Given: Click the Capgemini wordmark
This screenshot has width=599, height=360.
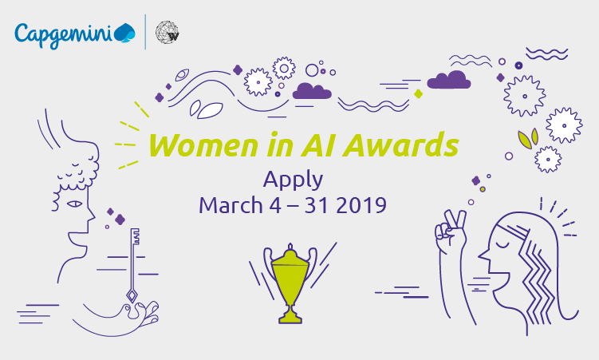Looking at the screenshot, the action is [64, 35].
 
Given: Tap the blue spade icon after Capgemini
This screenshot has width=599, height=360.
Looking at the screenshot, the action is [125, 32].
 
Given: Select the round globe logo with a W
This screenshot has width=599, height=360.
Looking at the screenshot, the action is [167, 32].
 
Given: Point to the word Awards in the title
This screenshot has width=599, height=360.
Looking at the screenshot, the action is [400, 145].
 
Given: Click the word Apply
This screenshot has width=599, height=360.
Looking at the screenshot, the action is [293, 180].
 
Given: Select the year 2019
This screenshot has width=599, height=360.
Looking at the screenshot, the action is [361, 205].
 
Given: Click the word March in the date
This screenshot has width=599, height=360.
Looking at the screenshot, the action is [231, 205].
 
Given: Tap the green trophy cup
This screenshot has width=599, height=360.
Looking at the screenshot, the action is [290, 283].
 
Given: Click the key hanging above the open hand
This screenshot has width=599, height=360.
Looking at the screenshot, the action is [132, 264].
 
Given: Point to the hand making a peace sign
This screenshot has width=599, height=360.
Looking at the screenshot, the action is [451, 232].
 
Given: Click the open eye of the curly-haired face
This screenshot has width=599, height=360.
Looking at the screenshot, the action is [74, 204].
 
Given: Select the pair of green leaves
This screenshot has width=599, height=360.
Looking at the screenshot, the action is [528, 138].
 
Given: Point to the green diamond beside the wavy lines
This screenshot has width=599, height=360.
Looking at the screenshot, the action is [418, 93].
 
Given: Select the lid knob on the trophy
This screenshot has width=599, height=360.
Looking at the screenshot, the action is [290, 246].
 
